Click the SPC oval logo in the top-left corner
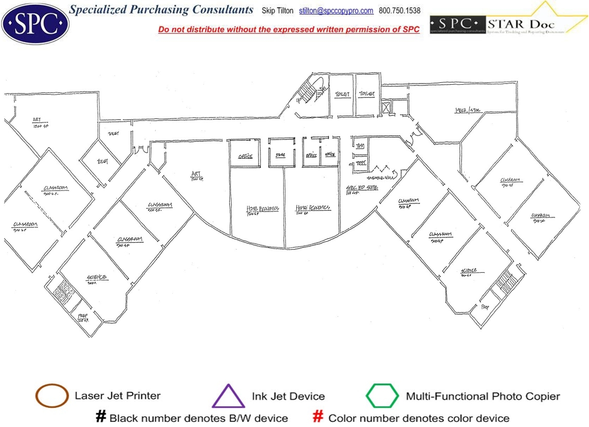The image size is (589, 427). [35, 23]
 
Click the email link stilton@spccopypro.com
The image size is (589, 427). [336, 10]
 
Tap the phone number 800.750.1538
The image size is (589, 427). [399, 10]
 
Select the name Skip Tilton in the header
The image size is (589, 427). [277, 10]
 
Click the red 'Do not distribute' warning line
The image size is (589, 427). [289, 29]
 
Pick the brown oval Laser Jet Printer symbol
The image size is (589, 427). [52, 396]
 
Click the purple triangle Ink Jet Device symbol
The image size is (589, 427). [228, 397]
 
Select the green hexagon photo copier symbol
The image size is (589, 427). [382, 396]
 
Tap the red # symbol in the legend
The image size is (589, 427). [319, 417]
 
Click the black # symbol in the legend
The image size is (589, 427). [101, 417]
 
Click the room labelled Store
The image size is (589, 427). [280, 155]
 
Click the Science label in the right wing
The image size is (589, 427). [469, 271]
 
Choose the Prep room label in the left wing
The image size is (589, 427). [83, 316]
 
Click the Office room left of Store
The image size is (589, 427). [245, 156]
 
